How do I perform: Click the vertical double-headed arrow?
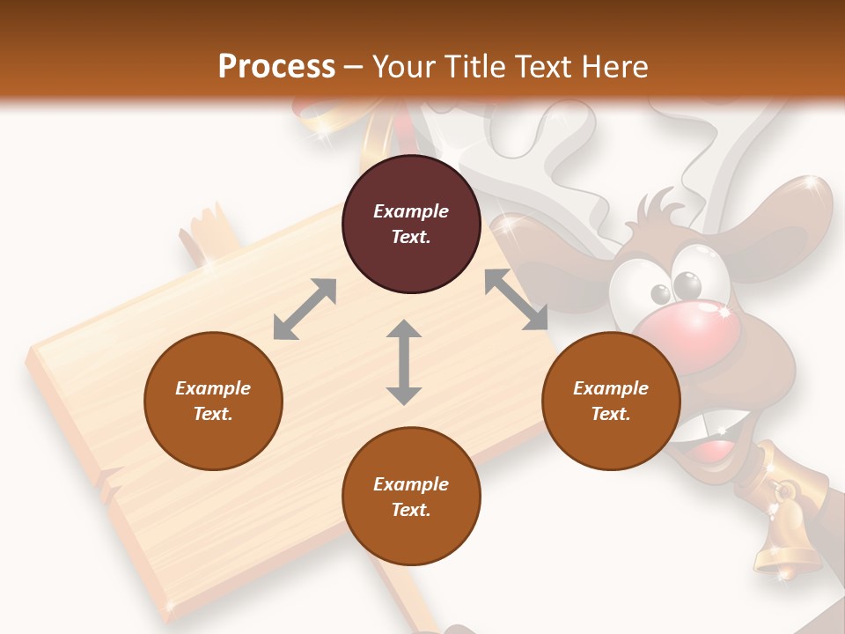(404, 362)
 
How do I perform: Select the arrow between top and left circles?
(305, 308)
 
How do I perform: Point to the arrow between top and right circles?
(516, 299)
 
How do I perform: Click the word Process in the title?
(276, 66)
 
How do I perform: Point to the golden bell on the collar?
(785, 546)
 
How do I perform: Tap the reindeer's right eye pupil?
(687, 284)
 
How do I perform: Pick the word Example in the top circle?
(411, 211)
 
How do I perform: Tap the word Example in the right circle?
(611, 388)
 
